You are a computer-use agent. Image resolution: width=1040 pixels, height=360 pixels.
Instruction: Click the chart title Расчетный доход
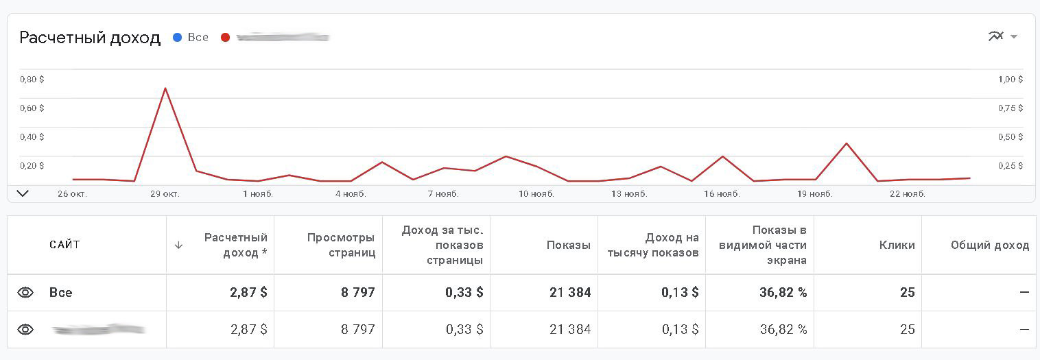(90, 38)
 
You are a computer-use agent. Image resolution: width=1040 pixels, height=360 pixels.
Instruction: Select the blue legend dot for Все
(177, 38)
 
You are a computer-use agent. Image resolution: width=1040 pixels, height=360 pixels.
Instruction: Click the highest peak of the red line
(165, 88)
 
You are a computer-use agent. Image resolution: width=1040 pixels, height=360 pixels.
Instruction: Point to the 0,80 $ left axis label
(32, 80)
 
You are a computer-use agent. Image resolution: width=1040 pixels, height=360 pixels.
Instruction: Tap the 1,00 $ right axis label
(1011, 80)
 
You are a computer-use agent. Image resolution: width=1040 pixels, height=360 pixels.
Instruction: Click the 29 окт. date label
(165, 194)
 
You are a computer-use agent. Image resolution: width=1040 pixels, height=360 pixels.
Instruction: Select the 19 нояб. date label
(815, 194)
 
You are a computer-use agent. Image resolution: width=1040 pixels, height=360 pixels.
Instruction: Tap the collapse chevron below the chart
(23, 193)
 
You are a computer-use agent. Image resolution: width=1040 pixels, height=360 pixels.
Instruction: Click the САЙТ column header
(64, 245)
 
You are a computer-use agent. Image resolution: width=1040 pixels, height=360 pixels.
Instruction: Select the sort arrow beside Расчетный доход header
(178, 245)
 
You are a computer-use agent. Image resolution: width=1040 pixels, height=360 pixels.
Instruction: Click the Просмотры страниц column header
(341, 245)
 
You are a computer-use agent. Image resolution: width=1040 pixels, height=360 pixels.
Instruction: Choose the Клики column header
(897, 245)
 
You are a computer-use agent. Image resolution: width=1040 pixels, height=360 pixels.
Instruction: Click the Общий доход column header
(989, 245)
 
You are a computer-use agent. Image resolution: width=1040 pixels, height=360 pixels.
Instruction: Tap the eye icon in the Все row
(25, 293)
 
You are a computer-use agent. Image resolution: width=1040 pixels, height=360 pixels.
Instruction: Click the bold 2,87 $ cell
(248, 293)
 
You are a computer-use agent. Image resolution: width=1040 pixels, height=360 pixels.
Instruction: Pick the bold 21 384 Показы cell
(569, 293)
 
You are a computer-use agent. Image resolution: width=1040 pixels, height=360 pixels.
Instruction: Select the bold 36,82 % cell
(783, 293)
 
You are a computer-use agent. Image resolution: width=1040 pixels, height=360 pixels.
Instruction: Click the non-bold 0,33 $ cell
(464, 329)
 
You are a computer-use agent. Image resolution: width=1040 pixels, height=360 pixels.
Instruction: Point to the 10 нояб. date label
(536, 194)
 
